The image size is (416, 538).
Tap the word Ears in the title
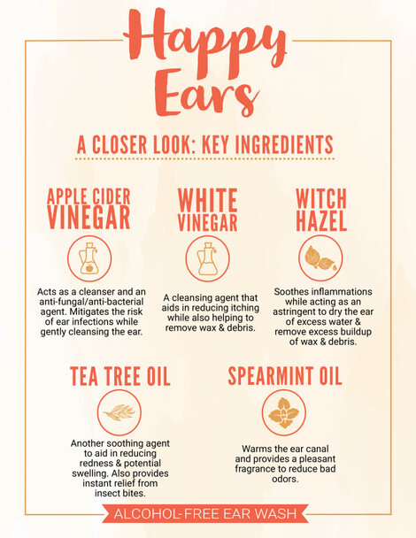206,93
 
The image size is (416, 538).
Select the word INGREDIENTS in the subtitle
284,144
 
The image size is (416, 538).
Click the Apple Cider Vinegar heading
89,209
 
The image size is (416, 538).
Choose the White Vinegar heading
208,210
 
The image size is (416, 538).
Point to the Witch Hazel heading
321,210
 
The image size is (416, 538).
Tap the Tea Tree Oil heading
120,376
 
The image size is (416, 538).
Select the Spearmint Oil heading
285,376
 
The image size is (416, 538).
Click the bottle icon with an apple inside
89,258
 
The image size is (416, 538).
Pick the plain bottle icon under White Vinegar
208,258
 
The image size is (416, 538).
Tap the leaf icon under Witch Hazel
320,258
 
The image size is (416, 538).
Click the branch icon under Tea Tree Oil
119,412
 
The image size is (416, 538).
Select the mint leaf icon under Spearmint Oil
284,412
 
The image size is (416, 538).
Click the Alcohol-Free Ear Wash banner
205,513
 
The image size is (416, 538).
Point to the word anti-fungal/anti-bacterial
91,302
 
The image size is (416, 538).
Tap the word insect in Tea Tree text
107,493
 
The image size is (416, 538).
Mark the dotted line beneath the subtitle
205,159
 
